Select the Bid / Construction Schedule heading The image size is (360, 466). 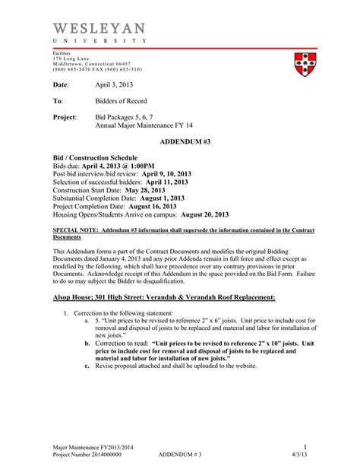94,157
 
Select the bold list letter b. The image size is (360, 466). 87,344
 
